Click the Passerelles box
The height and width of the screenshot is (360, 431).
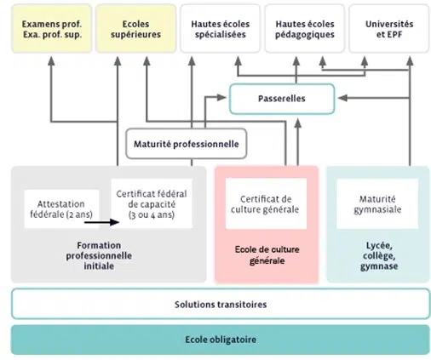pyautogui.click(x=282, y=99)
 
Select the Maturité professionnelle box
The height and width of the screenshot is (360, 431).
pyautogui.click(x=187, y=144)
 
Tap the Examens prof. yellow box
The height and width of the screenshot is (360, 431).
pyautogui.click(x=52, y=28)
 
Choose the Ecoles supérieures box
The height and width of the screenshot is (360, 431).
pyautogui.click(x=135, y=28)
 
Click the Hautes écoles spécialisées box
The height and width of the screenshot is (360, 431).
pyautogui.click(x=220, y=28)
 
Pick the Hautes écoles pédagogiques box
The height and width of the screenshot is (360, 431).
pyautogui.click(x=305, y=28)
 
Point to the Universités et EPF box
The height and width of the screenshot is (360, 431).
pyautogui.click(x=389, y=28)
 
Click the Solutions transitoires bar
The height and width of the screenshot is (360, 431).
pyautogui.click(x=221, y=304)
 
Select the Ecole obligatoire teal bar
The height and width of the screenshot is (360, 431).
pyautogui.click(x=221, y=340)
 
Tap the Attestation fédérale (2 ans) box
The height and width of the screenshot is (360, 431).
pyautogui.click(x=61, y=209)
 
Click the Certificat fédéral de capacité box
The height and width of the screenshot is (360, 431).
pyautogui.click(x=152, y=203)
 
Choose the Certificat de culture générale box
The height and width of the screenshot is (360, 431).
pyautogui.click(x=266, y=203)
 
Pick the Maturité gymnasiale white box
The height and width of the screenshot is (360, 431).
pyautogui.click(x=377, y=203)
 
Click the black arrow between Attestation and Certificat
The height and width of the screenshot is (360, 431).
pyautogui.click(x=101, y=222)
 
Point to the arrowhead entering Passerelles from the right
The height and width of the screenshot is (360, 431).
pyautogui.click(x=342, y=98)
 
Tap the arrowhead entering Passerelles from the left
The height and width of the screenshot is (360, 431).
pyautogui.click(x=221, y=98)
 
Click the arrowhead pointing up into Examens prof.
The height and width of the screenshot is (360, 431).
pyautogui.click(x=51, y=60)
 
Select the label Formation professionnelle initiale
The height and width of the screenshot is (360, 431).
pyautogui.click(x=99, y=255)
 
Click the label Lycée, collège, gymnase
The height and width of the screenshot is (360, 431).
pyautogui.click(x=379, y=255)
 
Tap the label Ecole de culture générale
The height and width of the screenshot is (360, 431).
pyautogui.click(x=267, y=254)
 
